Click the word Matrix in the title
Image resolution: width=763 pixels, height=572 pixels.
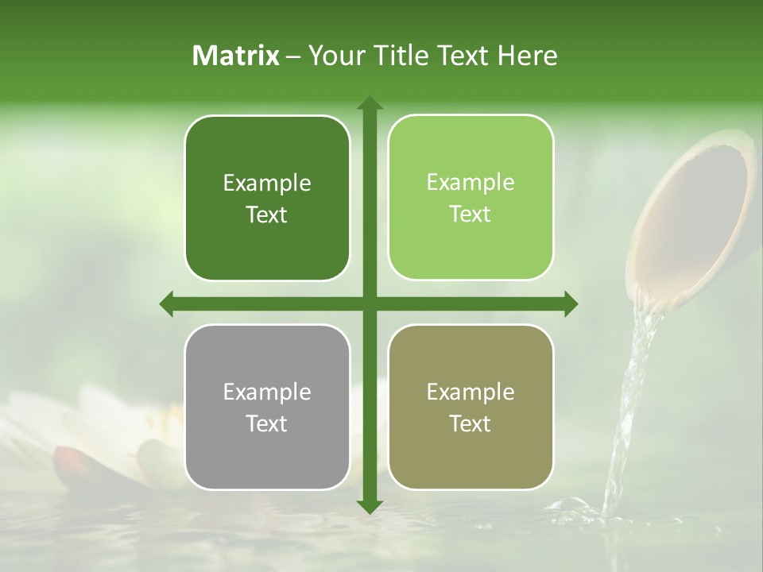(x=236, y=56)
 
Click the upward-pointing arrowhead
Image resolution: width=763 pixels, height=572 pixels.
(x=369, y=103)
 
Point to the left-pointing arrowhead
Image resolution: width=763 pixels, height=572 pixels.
(x=167, y=303)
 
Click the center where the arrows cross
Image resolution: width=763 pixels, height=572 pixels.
(x=369, y=303)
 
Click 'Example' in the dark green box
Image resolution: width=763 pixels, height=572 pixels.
(x=267, y=184)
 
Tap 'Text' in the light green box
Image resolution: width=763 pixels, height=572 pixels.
(x=471, y=214)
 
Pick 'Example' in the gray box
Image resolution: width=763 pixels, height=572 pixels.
(x=267, y=392)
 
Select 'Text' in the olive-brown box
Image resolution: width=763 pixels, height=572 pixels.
(x=471, y=423)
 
